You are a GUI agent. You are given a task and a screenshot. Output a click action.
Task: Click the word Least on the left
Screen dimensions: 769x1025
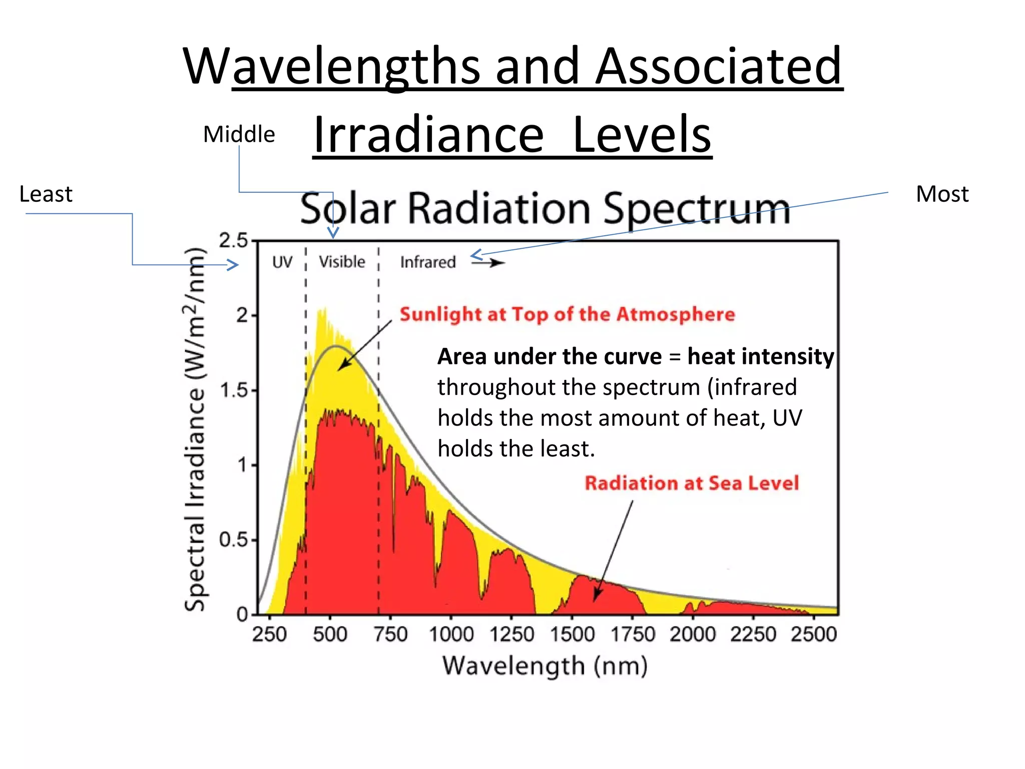click(x=46, y=194)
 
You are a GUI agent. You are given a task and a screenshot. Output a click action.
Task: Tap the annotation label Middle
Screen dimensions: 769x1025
click(x=239, y=134)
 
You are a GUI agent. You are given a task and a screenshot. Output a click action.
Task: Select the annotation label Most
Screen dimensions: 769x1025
click(x=942, y=194)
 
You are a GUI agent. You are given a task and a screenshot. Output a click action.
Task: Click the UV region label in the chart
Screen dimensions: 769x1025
click(x=282, y=262)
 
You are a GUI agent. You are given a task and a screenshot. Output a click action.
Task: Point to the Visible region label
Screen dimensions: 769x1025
click(x=342, y=262)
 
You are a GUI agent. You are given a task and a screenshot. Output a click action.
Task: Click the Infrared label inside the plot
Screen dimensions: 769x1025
click(x=428, y=262)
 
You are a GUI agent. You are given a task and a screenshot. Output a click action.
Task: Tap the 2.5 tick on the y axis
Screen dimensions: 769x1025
click(x=233, y=241)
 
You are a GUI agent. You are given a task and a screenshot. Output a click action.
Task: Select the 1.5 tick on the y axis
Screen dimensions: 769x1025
click(x=234, y=390)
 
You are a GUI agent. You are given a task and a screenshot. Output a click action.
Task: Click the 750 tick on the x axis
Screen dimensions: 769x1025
click(x=391, y=634)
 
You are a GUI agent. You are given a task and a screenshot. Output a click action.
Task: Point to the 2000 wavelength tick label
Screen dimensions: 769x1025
click(x=693, y=634)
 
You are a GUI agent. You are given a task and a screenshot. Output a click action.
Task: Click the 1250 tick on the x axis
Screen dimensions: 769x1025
click(x=512, y=634)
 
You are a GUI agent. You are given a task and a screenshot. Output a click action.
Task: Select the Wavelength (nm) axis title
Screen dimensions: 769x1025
click(x=545, y=666)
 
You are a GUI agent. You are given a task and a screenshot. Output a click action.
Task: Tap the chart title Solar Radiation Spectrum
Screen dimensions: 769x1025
click(x=545, y=208)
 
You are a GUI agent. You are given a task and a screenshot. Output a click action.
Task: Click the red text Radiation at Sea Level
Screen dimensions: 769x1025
click(x=692, y=483)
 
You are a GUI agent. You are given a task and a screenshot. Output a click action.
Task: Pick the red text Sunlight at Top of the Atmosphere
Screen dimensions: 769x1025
click(x=567, y=314)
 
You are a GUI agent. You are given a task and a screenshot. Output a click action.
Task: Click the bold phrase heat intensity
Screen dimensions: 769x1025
click(x=760, y=356)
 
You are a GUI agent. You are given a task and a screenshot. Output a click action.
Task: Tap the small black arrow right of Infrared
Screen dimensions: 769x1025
click(x=489, y=262)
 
